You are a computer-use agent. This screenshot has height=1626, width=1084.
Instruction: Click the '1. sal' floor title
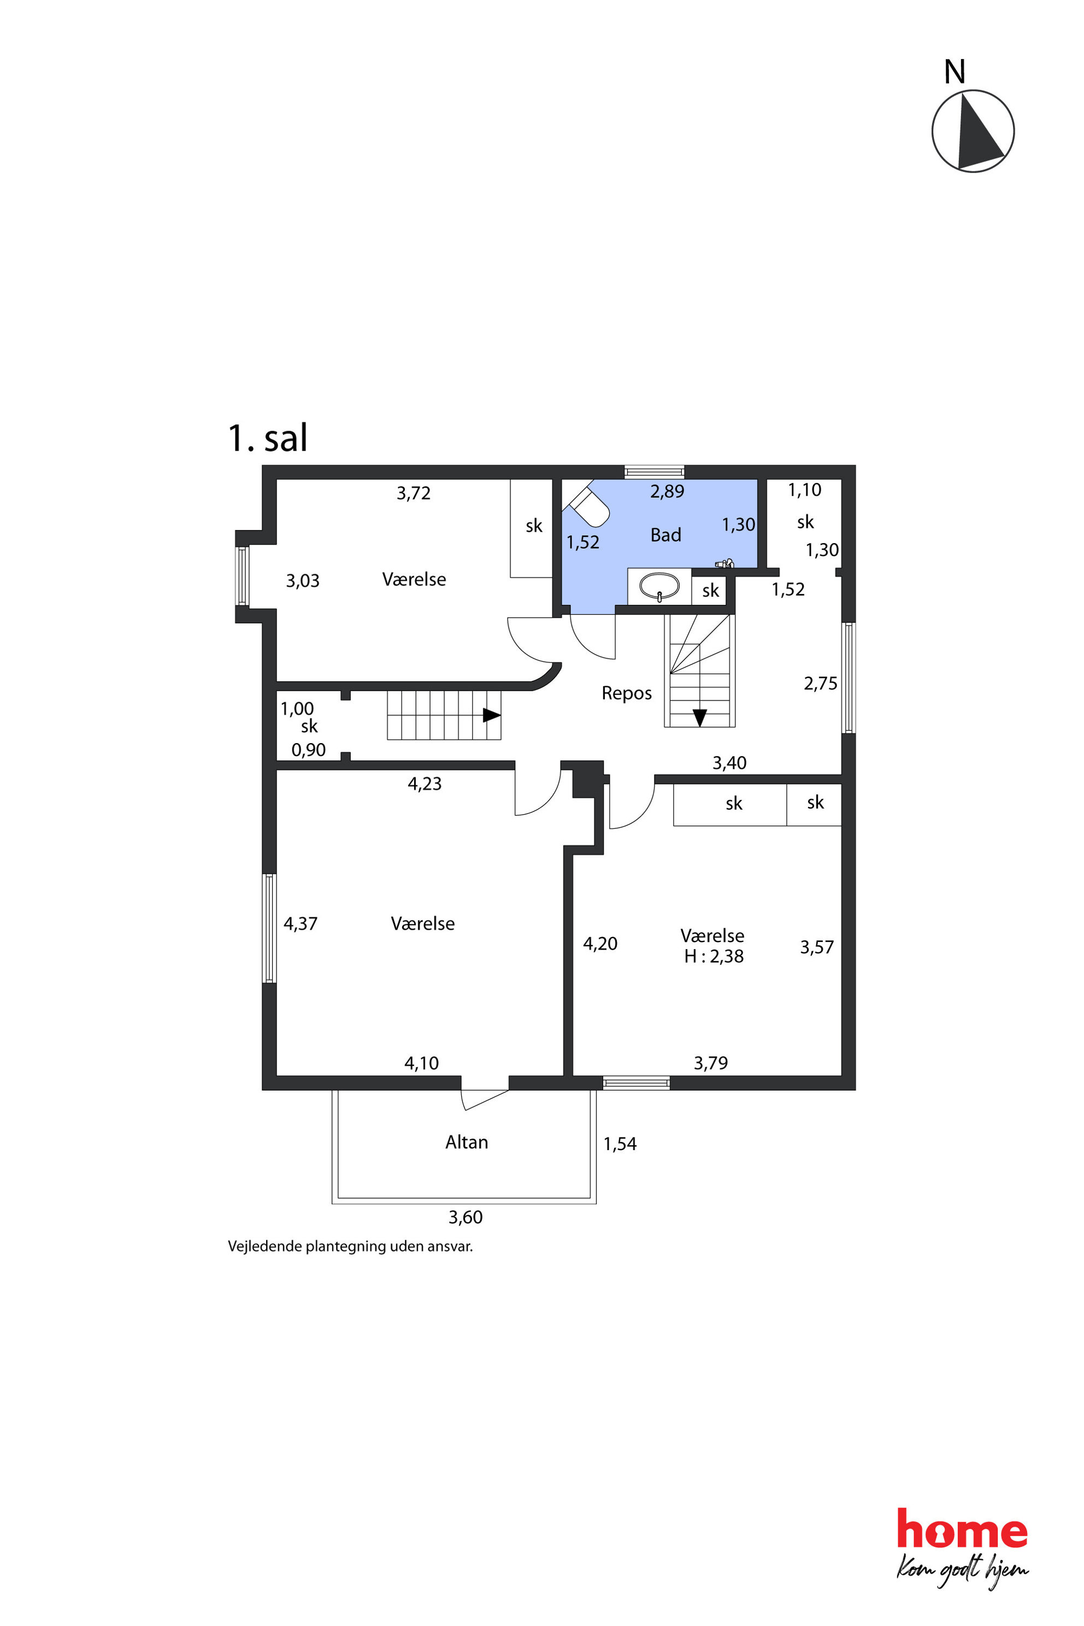pos(268,438)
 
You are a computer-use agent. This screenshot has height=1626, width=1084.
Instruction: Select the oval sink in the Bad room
pos(659,586)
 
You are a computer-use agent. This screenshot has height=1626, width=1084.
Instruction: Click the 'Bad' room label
pos(665,535)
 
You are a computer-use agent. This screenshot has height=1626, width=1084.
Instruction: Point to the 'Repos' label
pos(626,693)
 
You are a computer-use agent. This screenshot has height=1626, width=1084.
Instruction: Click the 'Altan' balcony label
pos(467,1142)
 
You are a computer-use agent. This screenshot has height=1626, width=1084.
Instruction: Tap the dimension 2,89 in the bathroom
pos(667,492)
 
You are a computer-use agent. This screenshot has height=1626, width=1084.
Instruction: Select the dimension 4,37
pos(301,923)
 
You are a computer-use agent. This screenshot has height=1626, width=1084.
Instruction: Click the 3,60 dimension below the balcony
pos(466,1237)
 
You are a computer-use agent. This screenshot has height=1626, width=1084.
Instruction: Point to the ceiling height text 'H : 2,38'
pos(714,956)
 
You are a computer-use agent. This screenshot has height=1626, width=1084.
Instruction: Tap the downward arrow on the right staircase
pos(699,717)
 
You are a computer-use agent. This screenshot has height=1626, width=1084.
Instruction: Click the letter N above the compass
pos(955,72)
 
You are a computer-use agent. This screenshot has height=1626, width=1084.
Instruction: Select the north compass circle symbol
pos(973,131)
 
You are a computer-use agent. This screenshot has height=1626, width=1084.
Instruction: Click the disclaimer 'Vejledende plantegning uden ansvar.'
pos(351,1266)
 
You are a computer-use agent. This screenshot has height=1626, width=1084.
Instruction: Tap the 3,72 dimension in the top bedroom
pos(414,493)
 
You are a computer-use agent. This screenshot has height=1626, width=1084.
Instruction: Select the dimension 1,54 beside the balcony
pos(620,1144)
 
